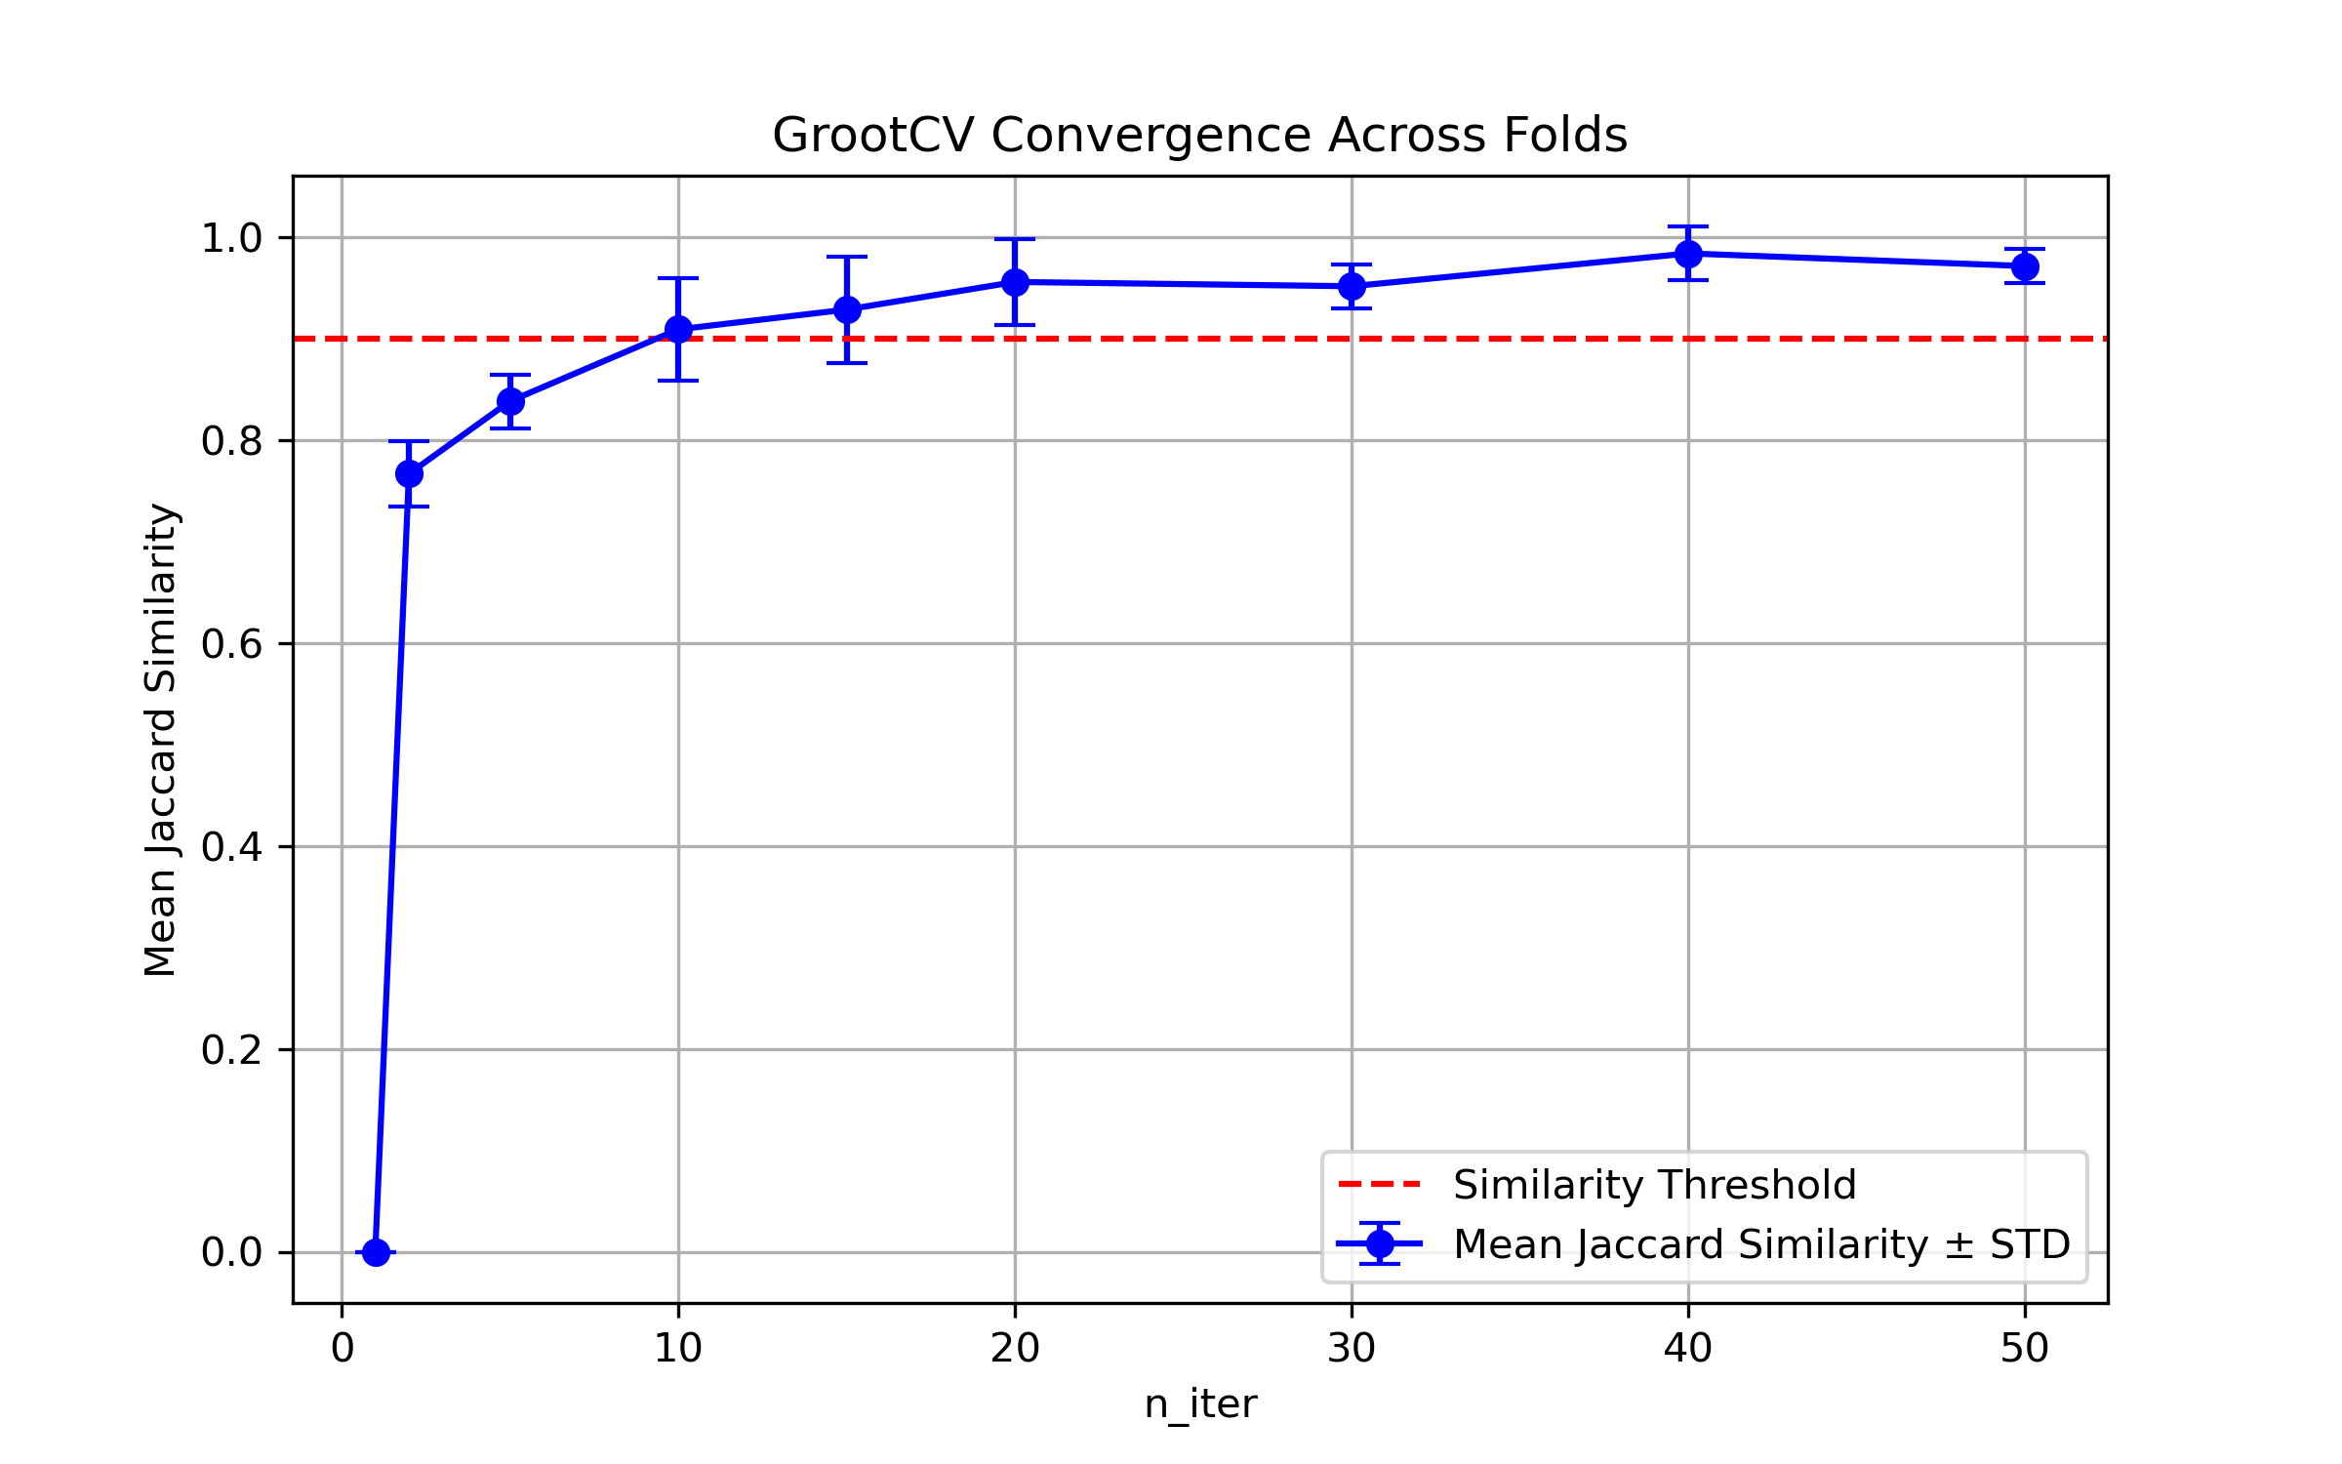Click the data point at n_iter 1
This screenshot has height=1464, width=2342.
pos(376,1252)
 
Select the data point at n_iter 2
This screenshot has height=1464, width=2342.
pos(409,473)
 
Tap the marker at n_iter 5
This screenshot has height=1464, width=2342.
pos(510,401)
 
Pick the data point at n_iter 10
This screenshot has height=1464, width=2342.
pos(678,330)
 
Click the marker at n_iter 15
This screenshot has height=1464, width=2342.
pos(847,309)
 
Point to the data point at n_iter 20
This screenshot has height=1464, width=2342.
pos(1015,282)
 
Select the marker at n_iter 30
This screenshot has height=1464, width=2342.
pos(1352,286)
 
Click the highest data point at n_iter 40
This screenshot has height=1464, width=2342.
pos(1688,254)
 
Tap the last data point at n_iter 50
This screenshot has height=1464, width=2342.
pos(2025,266)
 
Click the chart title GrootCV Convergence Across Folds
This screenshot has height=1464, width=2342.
pos(1199,135)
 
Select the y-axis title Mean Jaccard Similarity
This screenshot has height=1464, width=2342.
pos(160,740)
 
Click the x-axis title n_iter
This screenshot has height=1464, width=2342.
pos(1200,1404)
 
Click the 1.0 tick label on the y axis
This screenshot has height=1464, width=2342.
pos(231,238)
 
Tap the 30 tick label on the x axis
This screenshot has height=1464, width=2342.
pos(1352,1349)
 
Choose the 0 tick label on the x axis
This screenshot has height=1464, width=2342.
pos(343,1349)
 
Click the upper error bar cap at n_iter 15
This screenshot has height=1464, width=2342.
pos(847,257)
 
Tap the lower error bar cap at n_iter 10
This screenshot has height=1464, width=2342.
pos(678,381)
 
